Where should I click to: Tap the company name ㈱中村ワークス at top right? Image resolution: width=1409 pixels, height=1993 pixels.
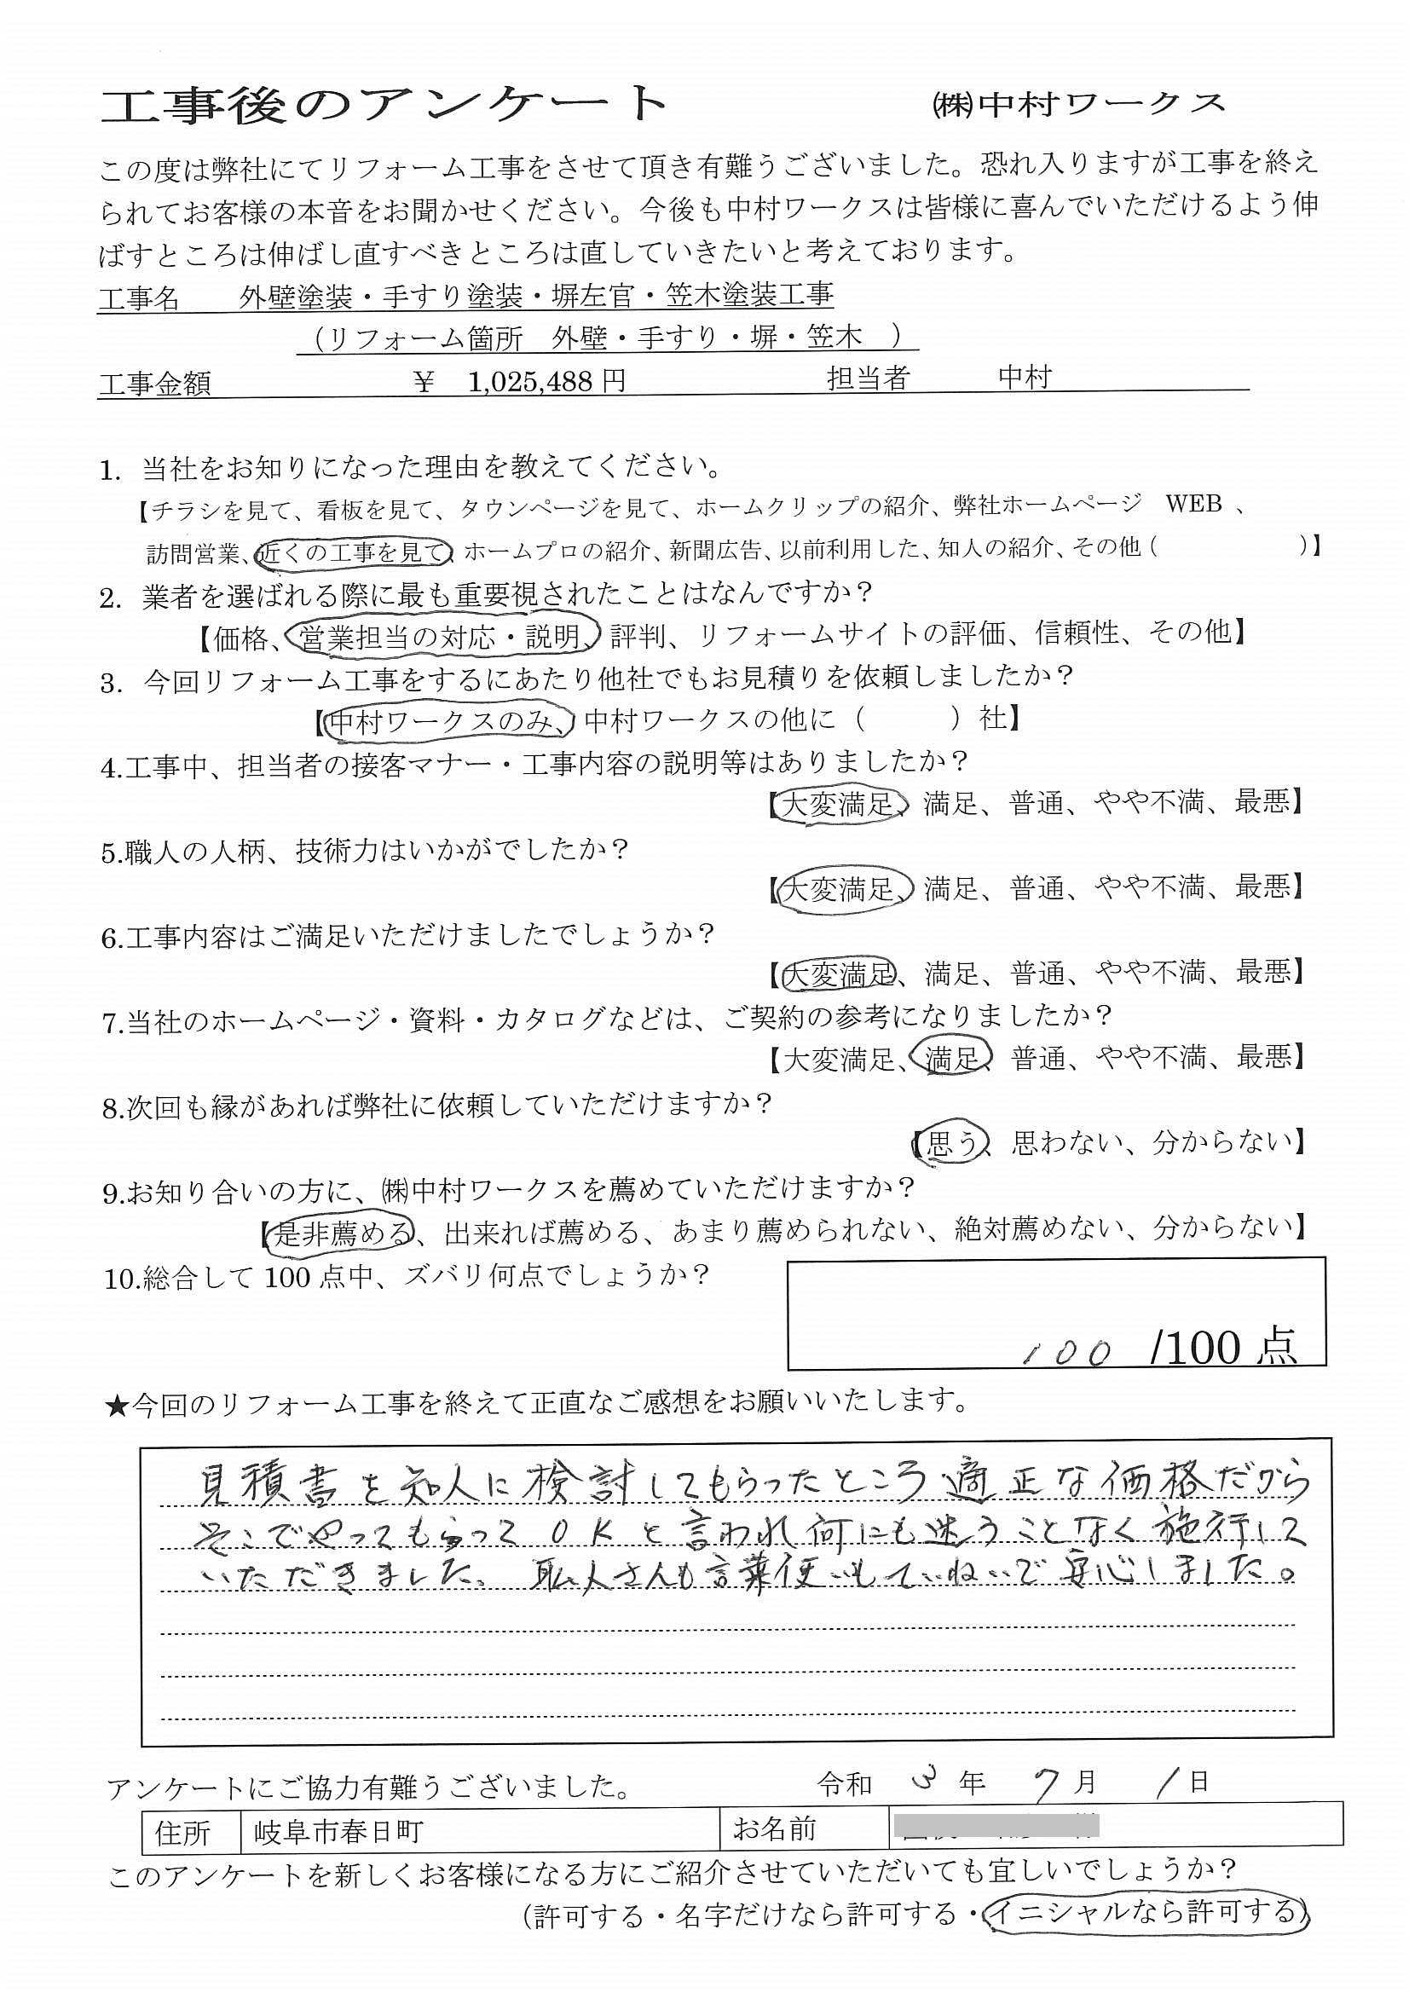pos(1077,104)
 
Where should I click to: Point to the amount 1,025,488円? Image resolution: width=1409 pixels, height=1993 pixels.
pos(546,381)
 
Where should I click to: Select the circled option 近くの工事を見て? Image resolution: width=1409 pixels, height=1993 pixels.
pos(356,549)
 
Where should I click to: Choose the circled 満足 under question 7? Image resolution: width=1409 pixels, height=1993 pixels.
pos(951,1057)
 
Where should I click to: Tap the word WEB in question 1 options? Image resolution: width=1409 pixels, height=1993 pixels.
pos(1192,505)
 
